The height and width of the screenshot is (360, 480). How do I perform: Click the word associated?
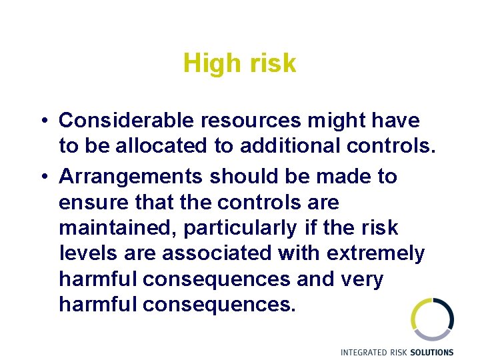[x=206, y=253]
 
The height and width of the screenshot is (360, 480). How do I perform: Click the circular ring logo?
[x=432, y=319]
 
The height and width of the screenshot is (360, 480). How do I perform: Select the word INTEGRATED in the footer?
[x=364, y=352]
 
